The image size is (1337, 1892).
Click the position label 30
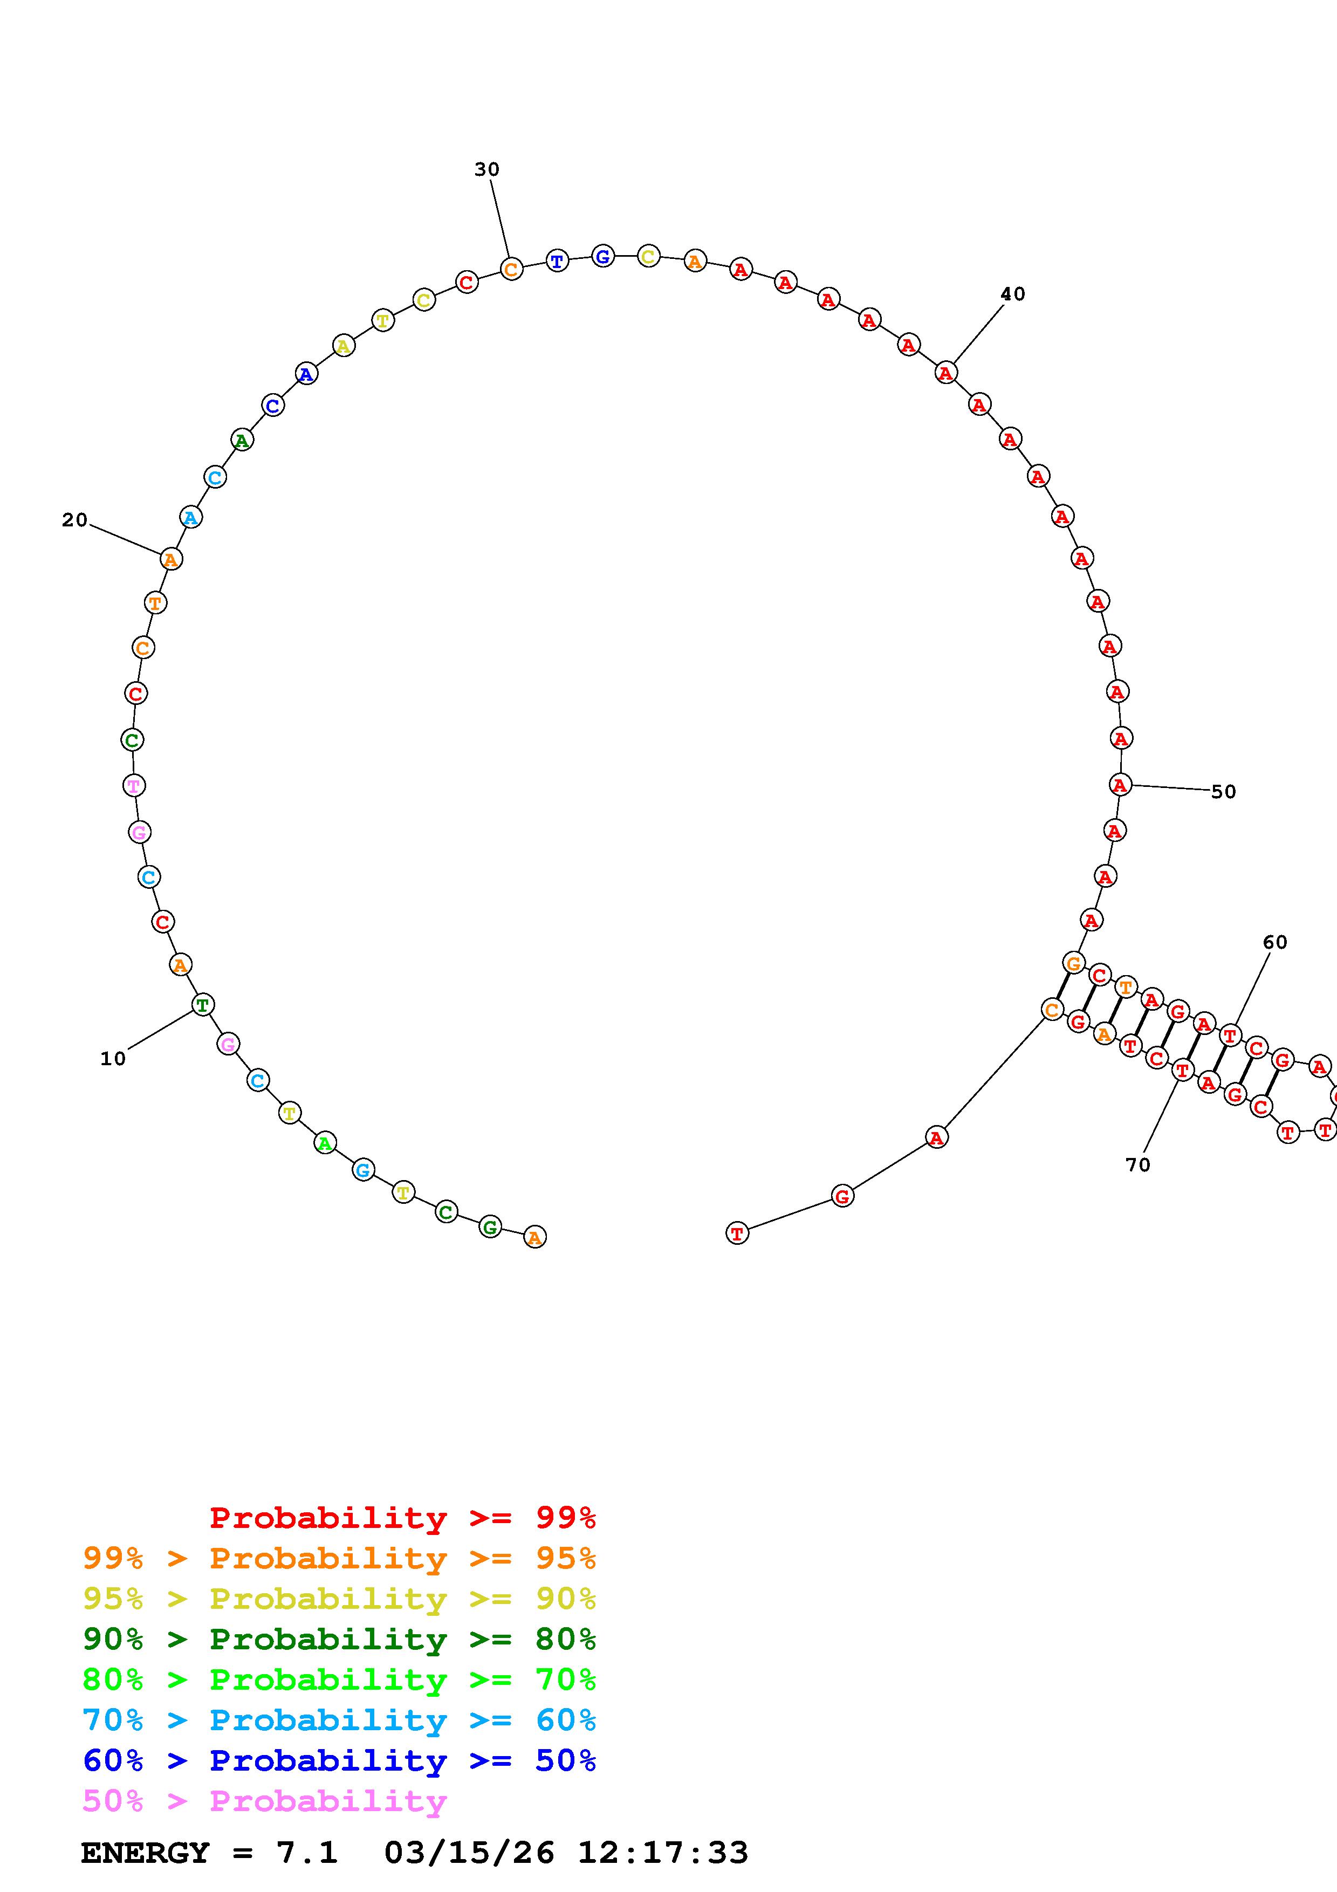(487, 170)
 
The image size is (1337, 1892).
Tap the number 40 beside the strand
(1012, 294)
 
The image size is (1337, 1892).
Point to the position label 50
(1223, 792)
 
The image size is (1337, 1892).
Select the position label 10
(113, 1059)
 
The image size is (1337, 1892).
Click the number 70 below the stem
(1137, 1164)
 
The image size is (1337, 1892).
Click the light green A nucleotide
(325, 1143)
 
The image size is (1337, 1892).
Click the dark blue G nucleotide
(603, 256)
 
